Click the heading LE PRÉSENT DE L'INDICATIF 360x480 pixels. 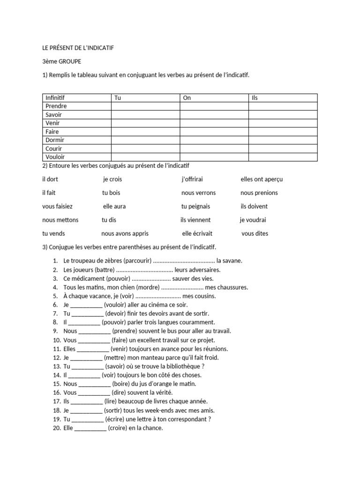click(78, 48)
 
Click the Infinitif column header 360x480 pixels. click(55, 98)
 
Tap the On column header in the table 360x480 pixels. click(187, 98)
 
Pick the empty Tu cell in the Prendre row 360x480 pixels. click(145, 106)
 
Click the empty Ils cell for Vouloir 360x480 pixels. click(283, 157)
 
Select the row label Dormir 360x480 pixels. click(55, 140)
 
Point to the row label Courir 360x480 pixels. click(54, 149)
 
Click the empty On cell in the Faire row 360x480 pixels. click(214, 132)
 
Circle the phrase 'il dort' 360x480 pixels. click(50, 179)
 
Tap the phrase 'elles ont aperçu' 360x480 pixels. click(262, 179)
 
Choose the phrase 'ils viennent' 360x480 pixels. click(195, 220)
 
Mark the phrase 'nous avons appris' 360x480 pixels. click(125, 233)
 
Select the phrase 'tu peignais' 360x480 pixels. click(195, 206)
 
